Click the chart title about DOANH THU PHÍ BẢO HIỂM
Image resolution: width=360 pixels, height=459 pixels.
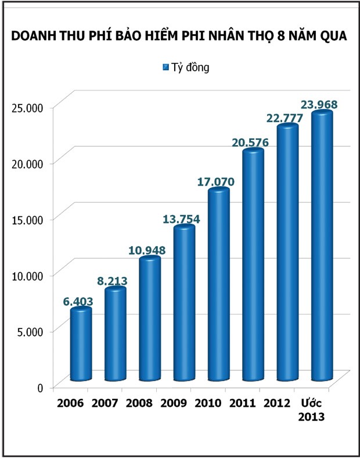179,36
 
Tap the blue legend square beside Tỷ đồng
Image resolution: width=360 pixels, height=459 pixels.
165,67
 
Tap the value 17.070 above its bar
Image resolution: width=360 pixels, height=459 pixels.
215,182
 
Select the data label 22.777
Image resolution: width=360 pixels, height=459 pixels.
284,118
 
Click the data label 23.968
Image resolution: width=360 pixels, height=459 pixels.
319,105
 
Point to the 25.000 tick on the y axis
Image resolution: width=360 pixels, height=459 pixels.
28,107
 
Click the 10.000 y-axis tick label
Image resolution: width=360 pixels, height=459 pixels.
28,275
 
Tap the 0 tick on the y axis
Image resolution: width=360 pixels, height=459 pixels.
40,388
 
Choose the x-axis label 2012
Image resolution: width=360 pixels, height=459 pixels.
276,403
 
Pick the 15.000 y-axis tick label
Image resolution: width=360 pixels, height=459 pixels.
28,219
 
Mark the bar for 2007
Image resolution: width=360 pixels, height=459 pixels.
115,334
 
